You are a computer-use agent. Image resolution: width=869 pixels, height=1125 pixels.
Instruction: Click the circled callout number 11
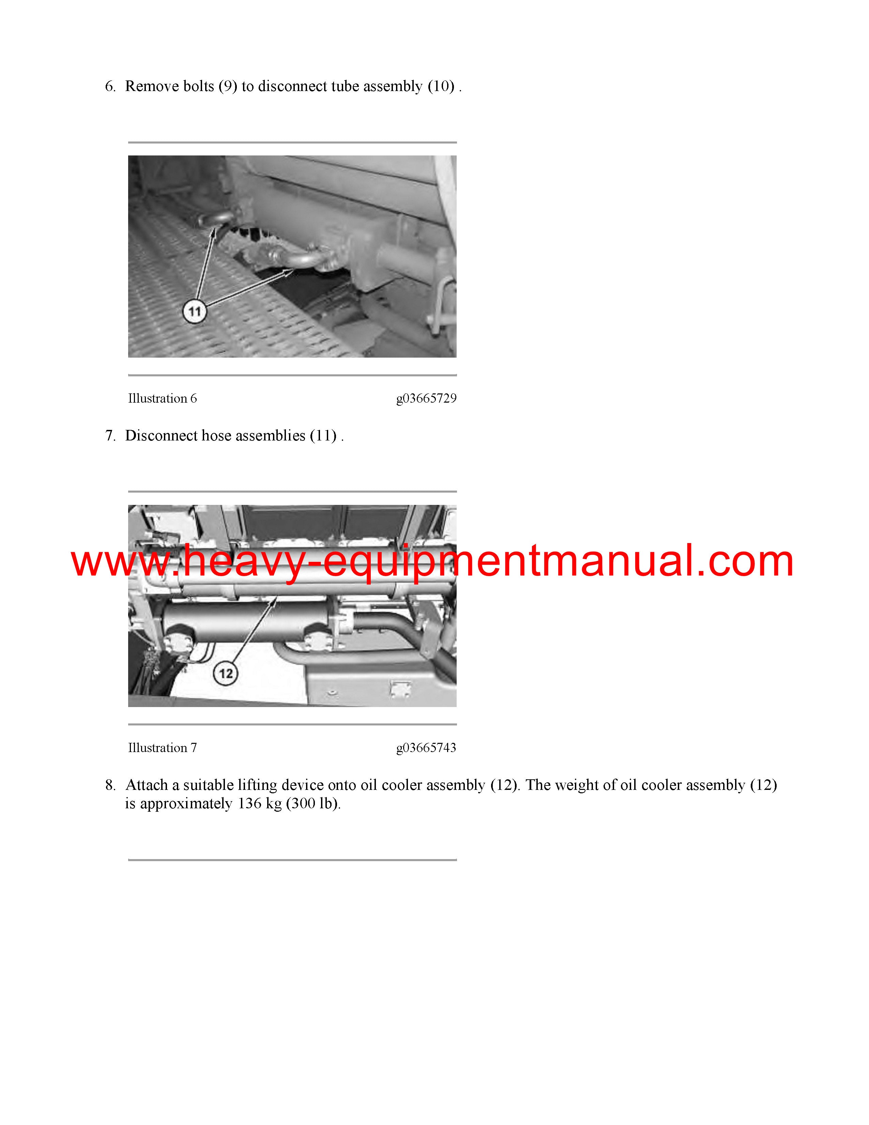click(195, 312)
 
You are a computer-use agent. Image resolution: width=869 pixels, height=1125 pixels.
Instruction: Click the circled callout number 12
click(226, 674)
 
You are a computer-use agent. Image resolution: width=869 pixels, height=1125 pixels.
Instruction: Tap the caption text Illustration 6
click(163, 398)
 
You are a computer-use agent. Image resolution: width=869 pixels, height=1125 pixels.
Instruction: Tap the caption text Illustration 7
click(163, 747)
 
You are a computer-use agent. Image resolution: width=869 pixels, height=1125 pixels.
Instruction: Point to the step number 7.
click(110, 436)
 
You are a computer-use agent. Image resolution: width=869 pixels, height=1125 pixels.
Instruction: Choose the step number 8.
click(110, 785)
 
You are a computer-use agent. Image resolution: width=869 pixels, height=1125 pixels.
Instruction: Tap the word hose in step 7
click(216, 436)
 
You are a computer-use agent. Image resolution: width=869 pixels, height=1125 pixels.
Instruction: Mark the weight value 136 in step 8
click(250, 804)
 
